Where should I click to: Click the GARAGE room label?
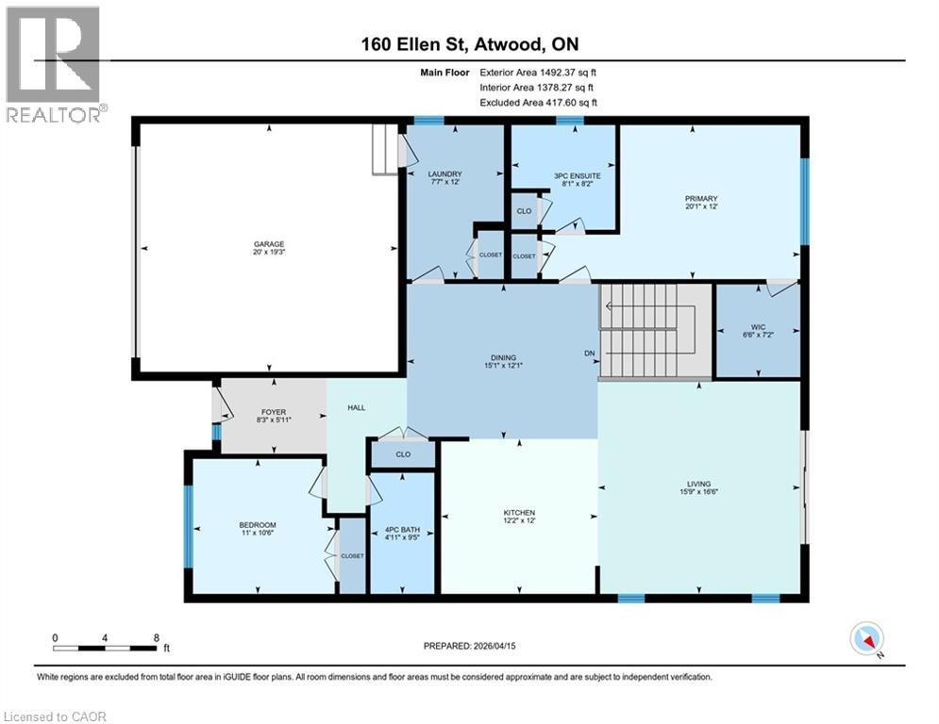(269, 244)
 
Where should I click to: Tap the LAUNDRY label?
(444, 174)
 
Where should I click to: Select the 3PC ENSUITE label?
(578, 176)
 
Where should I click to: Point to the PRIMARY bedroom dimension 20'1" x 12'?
(701, 206)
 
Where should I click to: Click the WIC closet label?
(758, 327)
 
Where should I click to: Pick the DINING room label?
(504, 358)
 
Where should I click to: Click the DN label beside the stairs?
(590, 353)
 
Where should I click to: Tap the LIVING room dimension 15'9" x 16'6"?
(699, 492)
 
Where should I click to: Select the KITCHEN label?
(519, 513)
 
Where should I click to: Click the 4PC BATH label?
(402, 530)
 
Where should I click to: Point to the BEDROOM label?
(258, 525)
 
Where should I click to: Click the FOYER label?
(274, 412)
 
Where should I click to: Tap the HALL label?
(357, 407)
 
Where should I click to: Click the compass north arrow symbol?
(867, 639)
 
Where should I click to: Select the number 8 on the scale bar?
(157, 638)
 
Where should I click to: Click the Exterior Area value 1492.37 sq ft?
(568, 73)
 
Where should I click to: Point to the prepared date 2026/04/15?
(494, 646)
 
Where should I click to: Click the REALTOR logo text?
(53, 114)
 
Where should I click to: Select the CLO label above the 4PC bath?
(403, 454)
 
